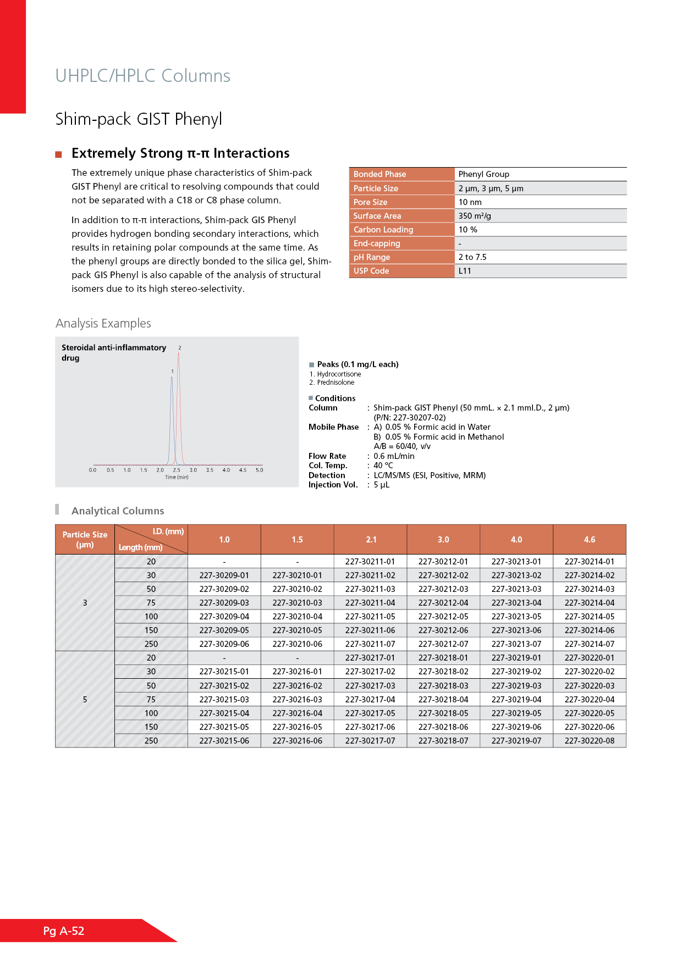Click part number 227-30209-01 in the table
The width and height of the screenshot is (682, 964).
pyautogui.click(x=224, y=575)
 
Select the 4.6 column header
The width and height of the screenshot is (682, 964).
pyautogui.click(x=589, y=540)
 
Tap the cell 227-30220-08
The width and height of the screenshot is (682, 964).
pyautogui.click(x=589, y=741)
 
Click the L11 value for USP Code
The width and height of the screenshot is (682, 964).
pyautogui.click(x=465, y=271)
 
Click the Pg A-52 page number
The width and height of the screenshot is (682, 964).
pyautogui.click(x=64, y=930)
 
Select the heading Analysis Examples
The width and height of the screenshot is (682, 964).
pyautogui.click(x=103, y=323)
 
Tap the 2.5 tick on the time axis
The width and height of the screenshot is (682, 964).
pyautogui.click(x=177, y=470)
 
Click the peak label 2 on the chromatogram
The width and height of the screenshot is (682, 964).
pyautogui.click(x=180, y=348)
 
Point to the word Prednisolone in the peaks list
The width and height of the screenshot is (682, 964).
pyautogui.click(x=335, y=383)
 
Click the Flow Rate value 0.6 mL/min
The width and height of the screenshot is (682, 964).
pyautogui.click(x=394, y=456)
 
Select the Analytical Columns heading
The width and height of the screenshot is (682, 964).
pyautogui.click(x=118, y=511)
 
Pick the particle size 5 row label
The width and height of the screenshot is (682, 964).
pyautogui.click(x=85, y=700)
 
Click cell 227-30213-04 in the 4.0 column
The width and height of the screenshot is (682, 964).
pyautogui.click(x=516, y=603)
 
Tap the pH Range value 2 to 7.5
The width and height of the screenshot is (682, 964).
pyautogui.click(x=472, y=257)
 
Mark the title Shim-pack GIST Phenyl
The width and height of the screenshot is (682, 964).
pyautogui.click(x=139, y=119)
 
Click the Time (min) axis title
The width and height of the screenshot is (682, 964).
pyautogui.click(x=177, y=477)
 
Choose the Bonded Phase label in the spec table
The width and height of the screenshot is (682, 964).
pyautogui.click(x=380, y=174)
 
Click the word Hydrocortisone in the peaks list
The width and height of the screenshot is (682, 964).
pyautogui.click(x=339, y=374)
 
